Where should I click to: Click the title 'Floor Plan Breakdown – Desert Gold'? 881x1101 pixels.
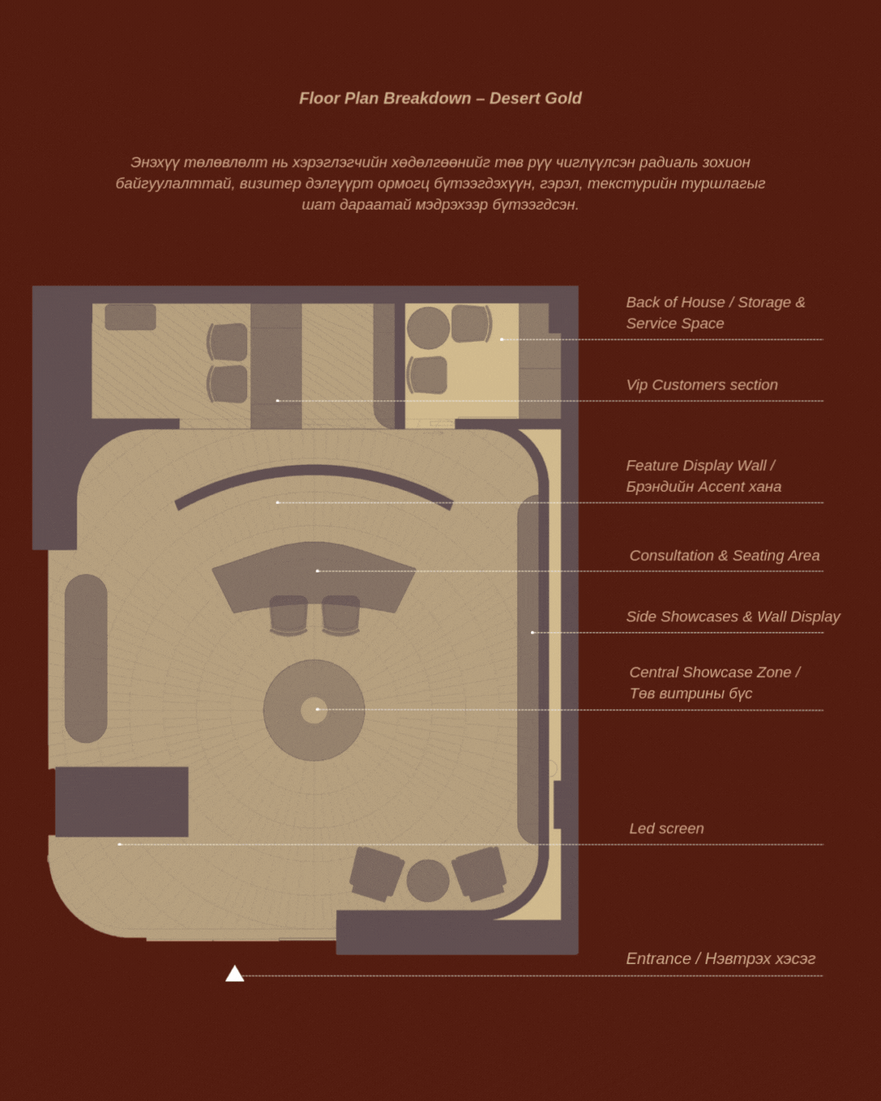click(440, 99)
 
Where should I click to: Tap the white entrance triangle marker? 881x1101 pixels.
click(235, 974)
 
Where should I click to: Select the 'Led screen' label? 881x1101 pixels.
click(666, 829)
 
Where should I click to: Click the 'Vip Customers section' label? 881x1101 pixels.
click(702, 385)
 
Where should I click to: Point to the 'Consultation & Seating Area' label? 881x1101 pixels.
click(724, 555)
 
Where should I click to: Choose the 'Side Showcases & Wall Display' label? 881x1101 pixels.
click(733, 617)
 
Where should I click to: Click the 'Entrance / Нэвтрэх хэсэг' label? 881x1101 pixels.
click(720, 959)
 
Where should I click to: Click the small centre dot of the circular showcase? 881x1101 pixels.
click(314, 710)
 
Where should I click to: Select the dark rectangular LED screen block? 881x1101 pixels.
click(122, 801)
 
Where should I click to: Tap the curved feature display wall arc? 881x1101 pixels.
click(313, 473)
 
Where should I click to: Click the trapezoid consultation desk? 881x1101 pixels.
click(314, 571)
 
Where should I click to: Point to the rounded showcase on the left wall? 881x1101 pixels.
click(86, 658)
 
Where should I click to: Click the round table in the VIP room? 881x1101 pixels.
click(428, 328)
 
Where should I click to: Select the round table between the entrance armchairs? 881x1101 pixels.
click(427, 880)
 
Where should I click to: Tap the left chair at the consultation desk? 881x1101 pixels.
click(289, 614)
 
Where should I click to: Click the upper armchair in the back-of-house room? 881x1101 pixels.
click(228, 341)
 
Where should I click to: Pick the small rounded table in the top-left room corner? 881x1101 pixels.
click(131, 317)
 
